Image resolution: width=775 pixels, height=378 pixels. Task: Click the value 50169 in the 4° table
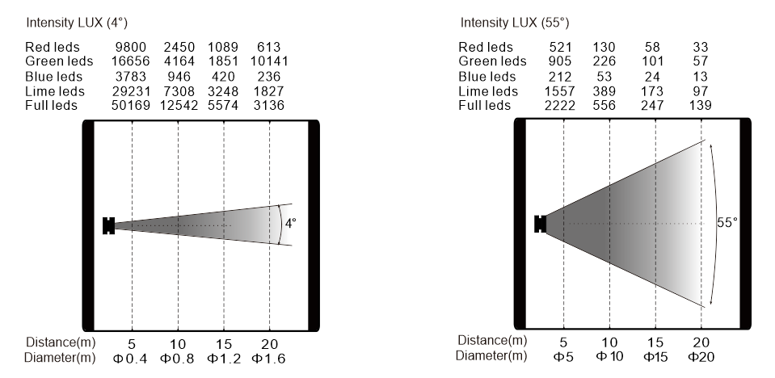point(131,105)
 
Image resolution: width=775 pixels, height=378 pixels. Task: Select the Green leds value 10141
point(269,61)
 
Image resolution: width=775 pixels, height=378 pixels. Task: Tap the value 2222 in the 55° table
point(560,105)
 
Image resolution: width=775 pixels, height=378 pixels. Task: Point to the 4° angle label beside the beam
point(291,224)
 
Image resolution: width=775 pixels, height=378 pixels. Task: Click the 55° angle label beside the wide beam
point(727,222)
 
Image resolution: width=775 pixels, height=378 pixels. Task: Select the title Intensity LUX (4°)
point(77,23)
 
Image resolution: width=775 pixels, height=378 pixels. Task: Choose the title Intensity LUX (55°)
point(515,23)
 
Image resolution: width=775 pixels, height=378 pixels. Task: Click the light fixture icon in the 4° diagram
point(109,225)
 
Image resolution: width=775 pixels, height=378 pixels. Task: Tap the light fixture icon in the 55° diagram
point(540,224)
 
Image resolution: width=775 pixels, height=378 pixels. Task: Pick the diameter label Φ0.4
point(130,359)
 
